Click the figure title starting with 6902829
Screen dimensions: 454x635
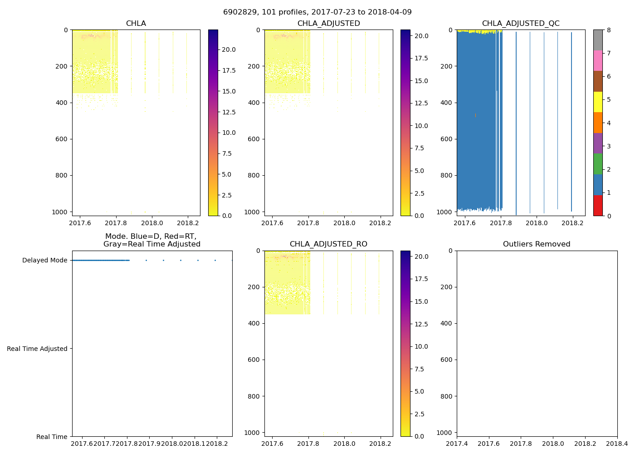coord(317,12)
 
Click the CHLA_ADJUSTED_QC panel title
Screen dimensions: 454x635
coord(521,24)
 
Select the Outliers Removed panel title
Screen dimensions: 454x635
coord(537,244)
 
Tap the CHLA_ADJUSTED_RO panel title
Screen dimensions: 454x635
coord(328,244)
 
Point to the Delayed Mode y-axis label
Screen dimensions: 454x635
coord(44,260)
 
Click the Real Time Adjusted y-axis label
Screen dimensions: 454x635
coord(37,349)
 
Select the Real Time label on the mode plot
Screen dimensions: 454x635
coord(52,437)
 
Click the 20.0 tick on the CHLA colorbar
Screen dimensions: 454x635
coord(228,49)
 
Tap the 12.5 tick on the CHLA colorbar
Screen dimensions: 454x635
coord(228,112)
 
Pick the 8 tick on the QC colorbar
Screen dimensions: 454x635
coord(609,30)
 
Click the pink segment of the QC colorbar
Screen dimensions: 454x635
coord(598,60)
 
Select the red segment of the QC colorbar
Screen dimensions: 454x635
coord(598,205)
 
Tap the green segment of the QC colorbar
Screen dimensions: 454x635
coord(598,164)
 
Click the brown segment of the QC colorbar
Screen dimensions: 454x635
coord(598,81)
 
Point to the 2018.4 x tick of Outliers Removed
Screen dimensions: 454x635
coord(617,444)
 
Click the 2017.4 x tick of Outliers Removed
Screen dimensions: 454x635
coord(457,444)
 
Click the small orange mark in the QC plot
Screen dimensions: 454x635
coord(475,115)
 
